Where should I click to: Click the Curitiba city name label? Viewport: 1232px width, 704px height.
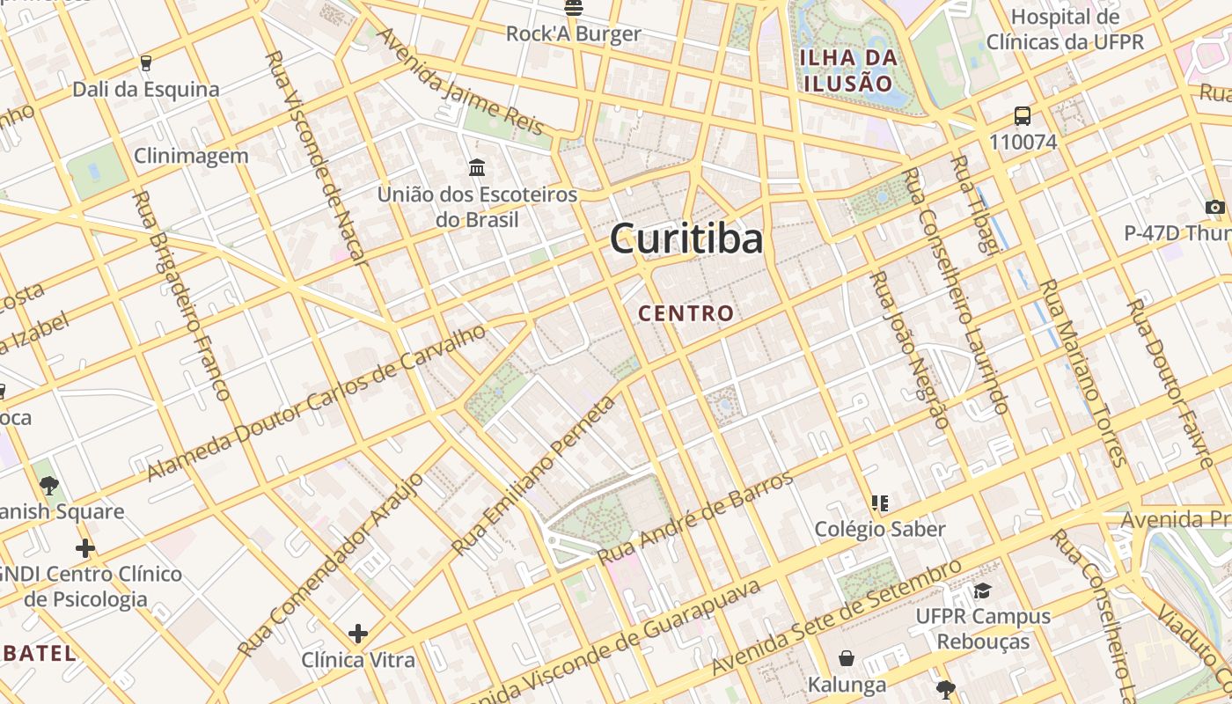click(x=686, y=238)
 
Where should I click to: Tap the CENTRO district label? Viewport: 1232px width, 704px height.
click(x=686, y=313)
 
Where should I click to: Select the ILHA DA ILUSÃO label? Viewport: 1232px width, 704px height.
click(x=847, y=70)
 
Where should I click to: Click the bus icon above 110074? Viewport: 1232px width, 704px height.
click(x=1023, y=116)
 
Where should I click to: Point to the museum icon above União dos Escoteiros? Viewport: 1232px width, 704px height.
click(x=477, y=167)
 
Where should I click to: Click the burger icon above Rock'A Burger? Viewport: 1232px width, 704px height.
click(x=574, y=8)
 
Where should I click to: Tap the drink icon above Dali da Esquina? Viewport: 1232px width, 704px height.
click(x=146, y=63)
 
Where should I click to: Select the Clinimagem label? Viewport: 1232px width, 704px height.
click(x=191, y=157)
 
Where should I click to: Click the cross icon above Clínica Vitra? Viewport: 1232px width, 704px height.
click(x=358, y=633)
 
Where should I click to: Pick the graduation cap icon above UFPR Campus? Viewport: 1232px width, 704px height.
click(x=982, y=590)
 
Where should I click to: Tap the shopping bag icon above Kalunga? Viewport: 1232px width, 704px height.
click(x=847, y=658)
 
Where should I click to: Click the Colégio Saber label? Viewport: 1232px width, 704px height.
click(x=879, y=529)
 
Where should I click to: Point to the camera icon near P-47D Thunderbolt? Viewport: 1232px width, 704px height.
click(x=1215, y=208)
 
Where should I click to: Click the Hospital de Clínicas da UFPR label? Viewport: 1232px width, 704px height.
click(x=1065, y=29)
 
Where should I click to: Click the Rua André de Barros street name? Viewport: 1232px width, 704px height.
click(x=695, y=519)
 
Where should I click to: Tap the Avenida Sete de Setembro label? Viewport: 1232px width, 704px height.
click(x=836, y=618)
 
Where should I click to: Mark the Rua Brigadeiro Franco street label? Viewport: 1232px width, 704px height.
click(x=180, y=296)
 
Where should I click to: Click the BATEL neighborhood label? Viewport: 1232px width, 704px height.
click(x=39, y=653)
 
